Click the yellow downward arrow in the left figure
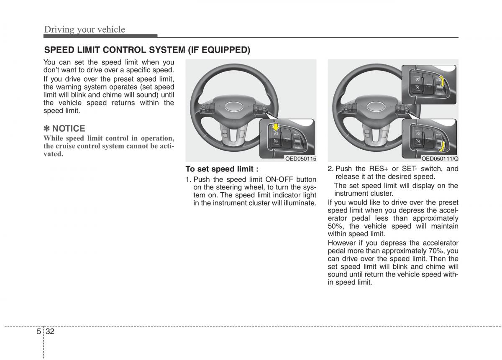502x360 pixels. pos(275,126)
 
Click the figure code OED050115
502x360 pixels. pos(300,158)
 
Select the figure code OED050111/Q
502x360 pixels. pos(440,158)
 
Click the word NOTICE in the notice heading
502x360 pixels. pos(69,128)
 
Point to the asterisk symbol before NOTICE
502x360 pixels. pos(47,128)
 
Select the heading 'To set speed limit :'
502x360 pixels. pos(222,169)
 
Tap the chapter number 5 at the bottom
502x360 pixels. pos(38,332)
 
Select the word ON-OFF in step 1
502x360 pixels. pos(279,179)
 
